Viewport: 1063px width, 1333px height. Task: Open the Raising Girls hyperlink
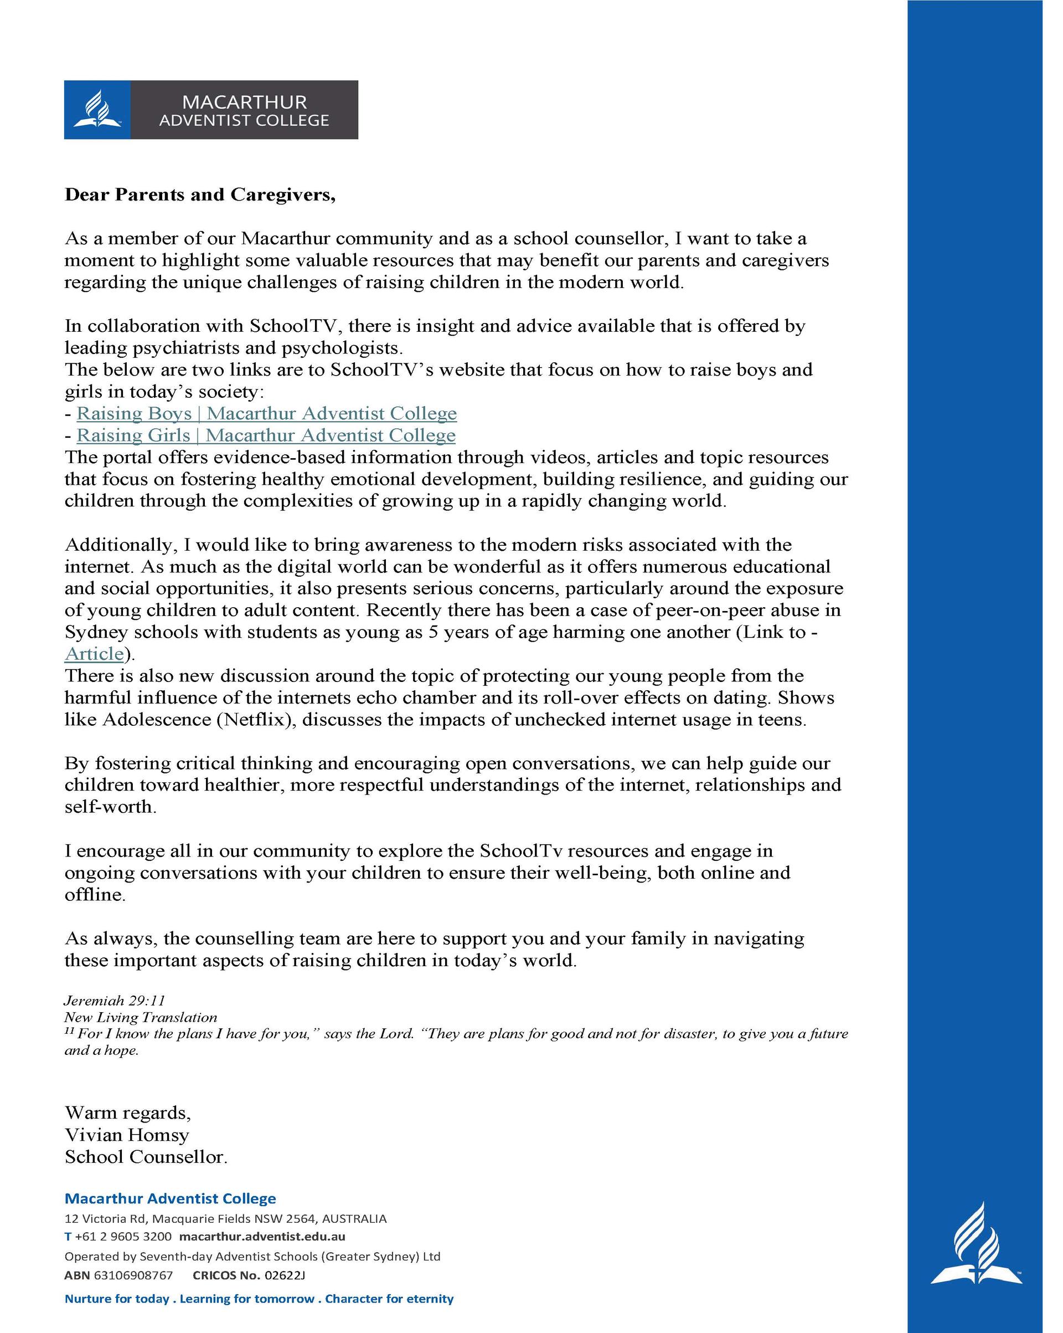(x=266, y=435)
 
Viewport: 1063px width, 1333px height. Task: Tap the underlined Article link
(x=94, y=654)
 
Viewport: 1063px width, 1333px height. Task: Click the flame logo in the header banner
(x=97, y=110)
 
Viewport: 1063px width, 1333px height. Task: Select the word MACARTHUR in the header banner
(x=244, y=101)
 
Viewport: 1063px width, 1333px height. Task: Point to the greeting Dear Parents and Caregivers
(x=200, y=195)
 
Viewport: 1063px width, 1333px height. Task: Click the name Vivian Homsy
(x=127, y=1135)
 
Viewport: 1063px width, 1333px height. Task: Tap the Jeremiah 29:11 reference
(x=115, y=1001)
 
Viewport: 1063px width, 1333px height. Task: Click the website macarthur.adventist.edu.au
(x=262, y=1237)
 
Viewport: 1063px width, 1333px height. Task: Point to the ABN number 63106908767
(x=133, y=1275)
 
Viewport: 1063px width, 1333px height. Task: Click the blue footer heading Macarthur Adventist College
(x=170, y=1198)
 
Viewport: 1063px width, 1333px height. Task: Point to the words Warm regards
(x=127, y=1113)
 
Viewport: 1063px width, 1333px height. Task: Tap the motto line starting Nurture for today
(x=259, y=1299)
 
